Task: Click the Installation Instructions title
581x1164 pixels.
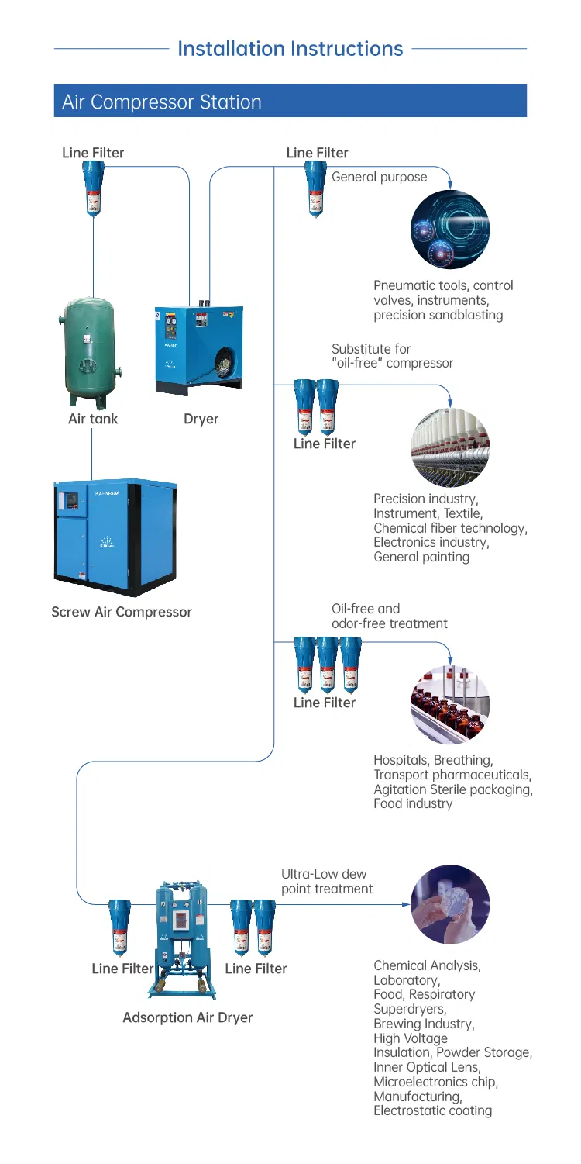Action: (290, 49)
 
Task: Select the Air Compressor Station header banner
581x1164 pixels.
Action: (290, 102)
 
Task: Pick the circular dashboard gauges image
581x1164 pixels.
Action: (449, 229)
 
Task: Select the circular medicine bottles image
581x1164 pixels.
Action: (449, 702)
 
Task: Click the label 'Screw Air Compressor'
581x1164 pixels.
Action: (122, 612)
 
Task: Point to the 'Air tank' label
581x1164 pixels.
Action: (93, 420)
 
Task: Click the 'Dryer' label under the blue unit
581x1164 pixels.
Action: (201, 420)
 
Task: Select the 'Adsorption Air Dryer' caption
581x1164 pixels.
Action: (187, 1017)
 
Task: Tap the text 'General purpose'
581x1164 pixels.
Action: (379, 177)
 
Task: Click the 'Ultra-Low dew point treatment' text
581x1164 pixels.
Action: (327, 882)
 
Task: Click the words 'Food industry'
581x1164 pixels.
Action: (412, 803)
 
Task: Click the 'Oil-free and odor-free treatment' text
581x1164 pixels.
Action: (389, 616)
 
